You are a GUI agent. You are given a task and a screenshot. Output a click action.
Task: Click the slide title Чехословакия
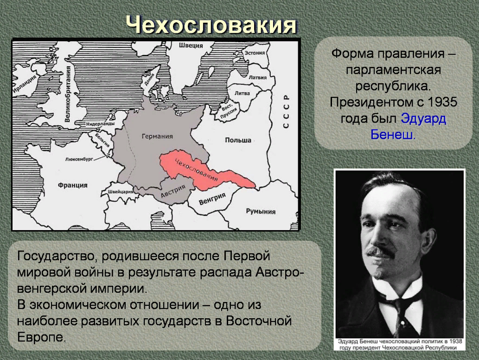(x=211, y=25)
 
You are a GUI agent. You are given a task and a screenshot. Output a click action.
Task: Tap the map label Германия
(x=157, y=136)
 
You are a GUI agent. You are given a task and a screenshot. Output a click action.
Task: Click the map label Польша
(x=238, y=140)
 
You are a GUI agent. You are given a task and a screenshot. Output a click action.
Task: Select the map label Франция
(x=73, y=185)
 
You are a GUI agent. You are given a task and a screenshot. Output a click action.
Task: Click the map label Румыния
(x=261, y=212)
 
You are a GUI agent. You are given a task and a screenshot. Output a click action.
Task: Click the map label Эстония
(x=255, y=53)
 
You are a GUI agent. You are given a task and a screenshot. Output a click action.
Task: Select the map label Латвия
(x=257, y=77)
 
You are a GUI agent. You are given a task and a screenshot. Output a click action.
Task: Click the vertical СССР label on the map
(x=286, y=111)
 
